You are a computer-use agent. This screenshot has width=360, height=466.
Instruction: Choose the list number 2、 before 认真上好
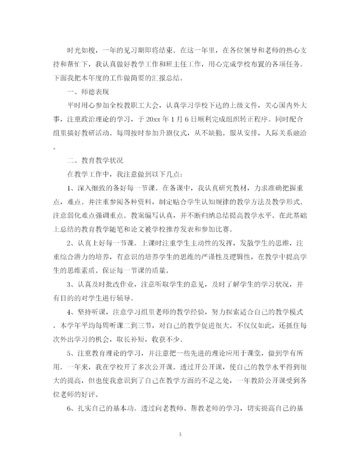coord(71,243)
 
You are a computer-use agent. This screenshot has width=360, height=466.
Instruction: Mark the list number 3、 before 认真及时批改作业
coord(71,284)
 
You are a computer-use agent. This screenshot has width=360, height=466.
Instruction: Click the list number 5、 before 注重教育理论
coord(71,353)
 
